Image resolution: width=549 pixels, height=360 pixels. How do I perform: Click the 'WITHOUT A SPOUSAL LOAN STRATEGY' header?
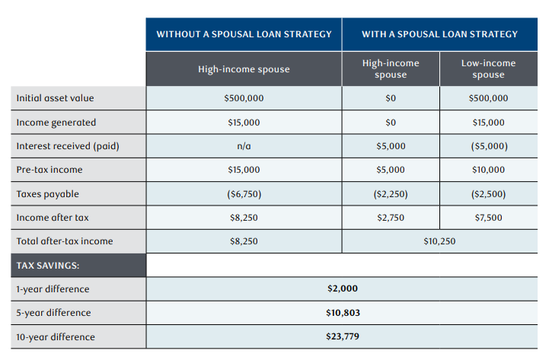click(244, 34)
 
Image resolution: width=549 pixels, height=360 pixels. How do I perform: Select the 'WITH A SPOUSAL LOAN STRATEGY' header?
click(439, 34)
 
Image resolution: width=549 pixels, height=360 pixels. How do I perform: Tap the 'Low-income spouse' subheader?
click(488, 68)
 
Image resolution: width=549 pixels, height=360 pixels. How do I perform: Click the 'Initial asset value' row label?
click(56, 98)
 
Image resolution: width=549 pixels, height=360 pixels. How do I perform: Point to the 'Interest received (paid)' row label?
click(67, 146)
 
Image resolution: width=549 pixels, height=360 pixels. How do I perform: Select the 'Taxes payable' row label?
click(47, 194)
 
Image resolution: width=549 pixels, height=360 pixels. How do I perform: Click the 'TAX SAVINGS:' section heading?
click(48, 266)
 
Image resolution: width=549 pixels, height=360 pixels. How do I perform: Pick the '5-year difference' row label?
click(53, 313)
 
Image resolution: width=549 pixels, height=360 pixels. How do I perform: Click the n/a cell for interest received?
click(244, 146)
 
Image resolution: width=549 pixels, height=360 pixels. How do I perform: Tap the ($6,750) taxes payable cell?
click(244, 194)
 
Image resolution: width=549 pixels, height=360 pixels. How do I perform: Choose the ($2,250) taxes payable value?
click(391, 194)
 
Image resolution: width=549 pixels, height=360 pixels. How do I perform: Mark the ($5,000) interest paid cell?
click(488, 146)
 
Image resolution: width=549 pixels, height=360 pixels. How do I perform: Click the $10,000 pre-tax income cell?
click(488, 170)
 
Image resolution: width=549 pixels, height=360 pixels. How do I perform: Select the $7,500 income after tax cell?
click(488, 218)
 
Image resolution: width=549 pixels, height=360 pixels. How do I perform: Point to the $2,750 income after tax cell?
click(391, 218)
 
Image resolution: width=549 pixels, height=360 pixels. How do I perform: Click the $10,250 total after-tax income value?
click(439, 241)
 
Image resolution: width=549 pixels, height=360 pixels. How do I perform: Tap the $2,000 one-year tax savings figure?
click(342, 289)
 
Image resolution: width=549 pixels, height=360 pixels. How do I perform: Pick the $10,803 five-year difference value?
click(342, 313)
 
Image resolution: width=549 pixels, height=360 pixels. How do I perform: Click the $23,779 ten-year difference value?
click(342, 336)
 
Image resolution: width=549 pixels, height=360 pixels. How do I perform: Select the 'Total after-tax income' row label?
click(65, 241)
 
